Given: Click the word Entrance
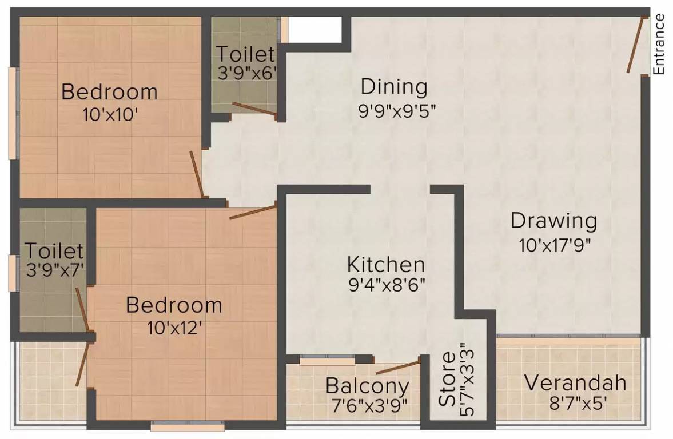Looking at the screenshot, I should [x=659, y=45].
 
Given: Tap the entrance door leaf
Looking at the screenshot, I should [x=635, y=45].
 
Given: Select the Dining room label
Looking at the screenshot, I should [x=394, y=87].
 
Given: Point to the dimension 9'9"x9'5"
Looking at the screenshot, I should [x=397, y=111].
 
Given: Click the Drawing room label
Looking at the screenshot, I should [x=553, y=220].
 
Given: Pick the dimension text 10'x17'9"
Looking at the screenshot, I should [x=555, y=245].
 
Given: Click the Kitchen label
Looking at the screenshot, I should [x=386, y=265].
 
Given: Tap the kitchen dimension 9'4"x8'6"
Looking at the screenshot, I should [x=387, y=284].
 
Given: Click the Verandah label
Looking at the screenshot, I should [x=575, y=382].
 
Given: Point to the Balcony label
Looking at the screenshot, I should [x=368, y=386].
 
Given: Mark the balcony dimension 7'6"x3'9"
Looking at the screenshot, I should [x=369, y=406].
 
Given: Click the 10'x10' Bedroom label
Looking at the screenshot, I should [x=109, y=91].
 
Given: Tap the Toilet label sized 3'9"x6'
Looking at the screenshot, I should [x=246, y=55].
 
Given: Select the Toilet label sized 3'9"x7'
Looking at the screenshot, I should [x=54, y=251].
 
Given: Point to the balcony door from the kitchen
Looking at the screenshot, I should [x=398, y=366].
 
